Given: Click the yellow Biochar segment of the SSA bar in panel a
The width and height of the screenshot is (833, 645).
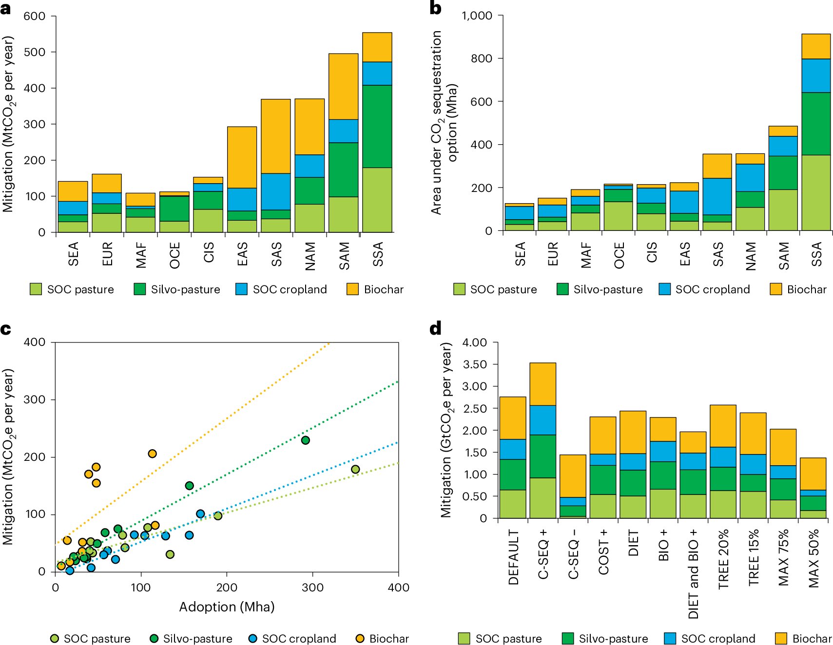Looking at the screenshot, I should pyautogui.click(x=377, y=47).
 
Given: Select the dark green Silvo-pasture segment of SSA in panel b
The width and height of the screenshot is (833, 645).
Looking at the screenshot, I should pyautogui.click(x=816, y=124).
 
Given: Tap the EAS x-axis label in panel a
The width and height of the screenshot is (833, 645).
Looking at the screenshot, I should pyautogui.click(x=242, y=254).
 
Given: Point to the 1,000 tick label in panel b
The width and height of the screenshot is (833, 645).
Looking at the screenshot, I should pyautogui.click(x=477, y=16).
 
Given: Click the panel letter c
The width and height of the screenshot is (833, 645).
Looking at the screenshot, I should pyautogui.click(x=6, y=330).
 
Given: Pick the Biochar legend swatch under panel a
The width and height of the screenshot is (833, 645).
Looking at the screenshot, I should pyautogui.click(x=352, y=289).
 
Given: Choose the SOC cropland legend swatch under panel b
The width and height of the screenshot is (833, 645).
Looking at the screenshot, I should pyautogui.click(x=664, y=289).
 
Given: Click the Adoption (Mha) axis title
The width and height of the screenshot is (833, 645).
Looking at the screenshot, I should pyautogui.click(x=227, y=607).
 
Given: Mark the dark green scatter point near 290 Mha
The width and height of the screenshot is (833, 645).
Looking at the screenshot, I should pyautogui.click(x=306, y=440).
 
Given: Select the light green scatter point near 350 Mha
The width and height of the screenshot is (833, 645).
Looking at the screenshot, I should pyautogui.click(x=355, y=470).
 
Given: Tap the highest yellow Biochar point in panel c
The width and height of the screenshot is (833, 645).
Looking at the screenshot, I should pyautogui.click(x=152, y=454).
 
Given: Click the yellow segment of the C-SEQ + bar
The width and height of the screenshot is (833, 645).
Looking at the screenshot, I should pyautogui.click(x=542, y=384).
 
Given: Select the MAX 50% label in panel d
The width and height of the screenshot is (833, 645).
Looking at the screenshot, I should pyautogui.click(x=814, y=558).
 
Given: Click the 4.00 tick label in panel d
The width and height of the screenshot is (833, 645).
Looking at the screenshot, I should pyautogui.click(x=474, y=342).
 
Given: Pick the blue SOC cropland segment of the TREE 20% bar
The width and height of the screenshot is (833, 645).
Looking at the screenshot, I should pyautogui.click(x=723, y=457).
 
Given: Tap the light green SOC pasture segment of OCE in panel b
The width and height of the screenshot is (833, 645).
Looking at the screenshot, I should pyautogui.click(x=618, y=216).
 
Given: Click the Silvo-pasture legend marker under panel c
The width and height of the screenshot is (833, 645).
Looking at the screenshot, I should pyautogui.click(x=154, y=639).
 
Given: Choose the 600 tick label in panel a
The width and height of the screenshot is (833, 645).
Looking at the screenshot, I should pyautogui.click(x=34, y=16).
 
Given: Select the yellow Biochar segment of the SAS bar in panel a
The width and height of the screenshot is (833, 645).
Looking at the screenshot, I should pyautogui.click(x=275, y=136).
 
